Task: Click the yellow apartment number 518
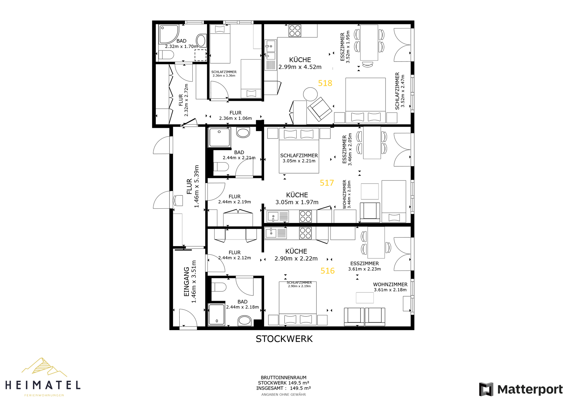325,83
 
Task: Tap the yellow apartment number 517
327,183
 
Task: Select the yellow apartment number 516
327,271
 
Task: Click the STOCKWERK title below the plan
284,339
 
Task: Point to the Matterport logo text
530,389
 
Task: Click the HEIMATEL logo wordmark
43,385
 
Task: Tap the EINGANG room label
186,282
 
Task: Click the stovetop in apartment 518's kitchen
295,31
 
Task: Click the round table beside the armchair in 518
310,94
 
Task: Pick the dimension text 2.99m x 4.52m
300,67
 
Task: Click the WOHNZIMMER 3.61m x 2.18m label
390,287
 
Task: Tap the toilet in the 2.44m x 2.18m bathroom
219,287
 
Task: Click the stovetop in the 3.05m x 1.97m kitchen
305,216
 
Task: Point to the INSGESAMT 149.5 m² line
284,388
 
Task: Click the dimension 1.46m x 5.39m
196,186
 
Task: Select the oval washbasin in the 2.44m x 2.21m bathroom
243,133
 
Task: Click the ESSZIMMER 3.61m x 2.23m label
365,266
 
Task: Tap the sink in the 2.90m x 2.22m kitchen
271,233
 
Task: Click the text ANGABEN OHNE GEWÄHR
284,395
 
